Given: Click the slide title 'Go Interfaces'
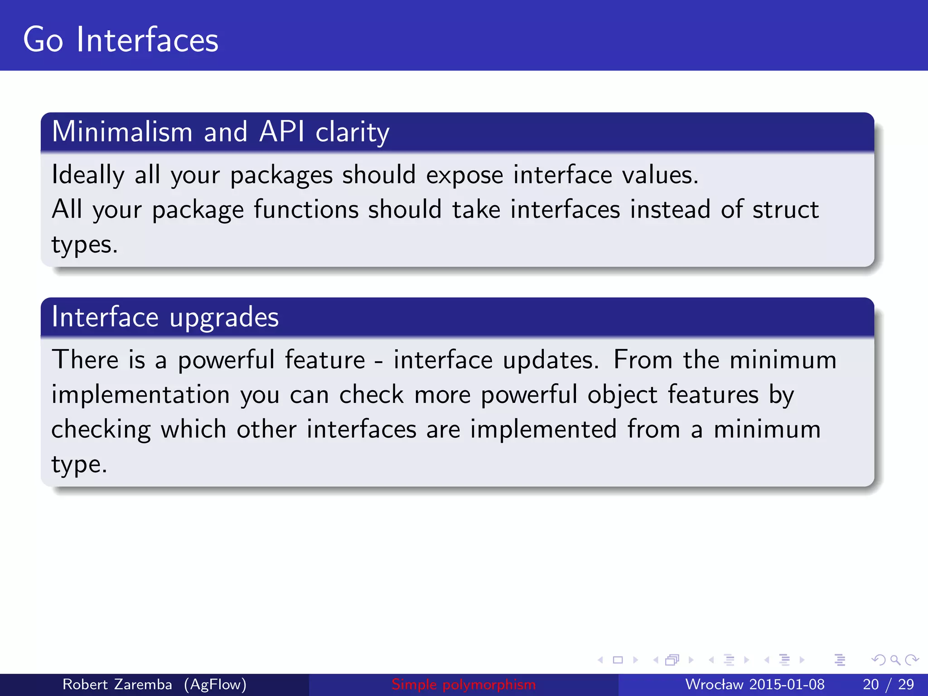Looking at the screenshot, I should point(121,40).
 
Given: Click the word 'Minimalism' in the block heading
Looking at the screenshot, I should point(122,132).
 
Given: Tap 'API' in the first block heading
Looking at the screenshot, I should point(281,132).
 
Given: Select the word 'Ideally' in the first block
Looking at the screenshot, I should point(88,175).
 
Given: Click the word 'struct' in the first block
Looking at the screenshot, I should point(785,210).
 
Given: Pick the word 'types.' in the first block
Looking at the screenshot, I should point(84,245).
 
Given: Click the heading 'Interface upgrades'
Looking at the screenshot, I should point(165,317).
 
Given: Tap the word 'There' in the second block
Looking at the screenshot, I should point(85,360).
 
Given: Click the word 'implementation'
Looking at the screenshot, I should point(140,395).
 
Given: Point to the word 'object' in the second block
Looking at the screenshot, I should point(622,395).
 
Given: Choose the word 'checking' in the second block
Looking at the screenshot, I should point(101,430).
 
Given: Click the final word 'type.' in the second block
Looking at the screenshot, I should point(79,464).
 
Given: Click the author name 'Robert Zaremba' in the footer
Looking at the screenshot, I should point(117,684).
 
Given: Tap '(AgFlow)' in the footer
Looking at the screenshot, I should point(215,684).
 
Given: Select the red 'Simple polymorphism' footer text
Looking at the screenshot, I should point(464,684).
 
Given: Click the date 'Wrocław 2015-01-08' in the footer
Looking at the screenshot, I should point(754,684).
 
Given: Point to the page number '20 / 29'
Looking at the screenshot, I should point(888,684).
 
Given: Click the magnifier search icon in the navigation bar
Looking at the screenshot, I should point(895,660).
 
